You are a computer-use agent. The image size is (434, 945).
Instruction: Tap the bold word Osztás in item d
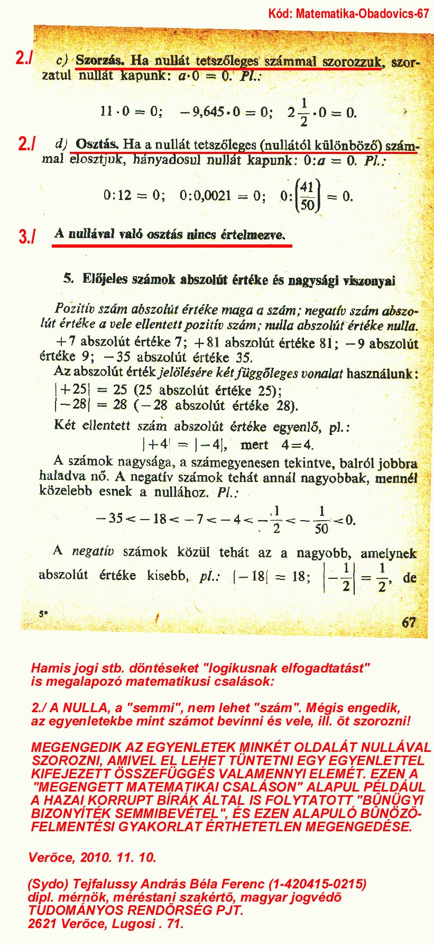tap(97, 144)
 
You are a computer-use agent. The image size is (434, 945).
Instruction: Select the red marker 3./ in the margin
tap(26, 236)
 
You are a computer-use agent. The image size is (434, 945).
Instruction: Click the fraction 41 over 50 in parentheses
tap(307, 196)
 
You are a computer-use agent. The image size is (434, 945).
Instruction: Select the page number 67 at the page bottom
tap(409, 622)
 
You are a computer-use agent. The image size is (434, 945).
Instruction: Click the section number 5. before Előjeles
tap(68, 278)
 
